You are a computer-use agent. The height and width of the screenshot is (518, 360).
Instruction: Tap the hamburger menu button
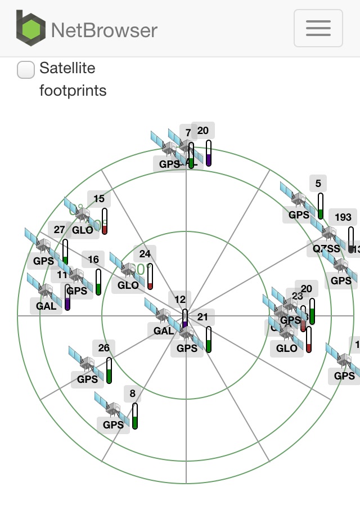click(318, 28)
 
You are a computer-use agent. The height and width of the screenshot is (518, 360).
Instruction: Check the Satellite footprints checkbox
click(26, 70)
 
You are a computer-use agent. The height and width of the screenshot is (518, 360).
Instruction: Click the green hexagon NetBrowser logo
click(31, 28)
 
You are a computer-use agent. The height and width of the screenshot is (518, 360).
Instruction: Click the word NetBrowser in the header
click(104, 29)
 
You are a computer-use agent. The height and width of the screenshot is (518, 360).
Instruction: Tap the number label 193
click(343, 217)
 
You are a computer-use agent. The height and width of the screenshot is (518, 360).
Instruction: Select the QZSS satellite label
click(327, 248)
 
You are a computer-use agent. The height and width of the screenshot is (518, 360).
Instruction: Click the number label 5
click(318, 184)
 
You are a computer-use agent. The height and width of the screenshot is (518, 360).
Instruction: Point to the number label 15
click(99, 199)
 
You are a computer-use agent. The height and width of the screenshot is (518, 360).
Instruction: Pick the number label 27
click(60, 230)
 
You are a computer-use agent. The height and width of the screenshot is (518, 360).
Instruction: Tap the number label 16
click(93, 260)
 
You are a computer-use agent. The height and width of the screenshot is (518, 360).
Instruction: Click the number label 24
click(145, 254)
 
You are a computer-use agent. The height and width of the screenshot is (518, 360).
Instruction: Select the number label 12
click(180, 299)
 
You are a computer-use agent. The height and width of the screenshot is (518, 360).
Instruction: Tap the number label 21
click(202, 317)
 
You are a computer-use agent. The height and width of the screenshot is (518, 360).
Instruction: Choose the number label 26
click(104, 348)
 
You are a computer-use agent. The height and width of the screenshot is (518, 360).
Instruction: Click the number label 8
click(133, 394)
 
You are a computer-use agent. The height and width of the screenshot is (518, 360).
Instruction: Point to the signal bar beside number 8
click(135, 416)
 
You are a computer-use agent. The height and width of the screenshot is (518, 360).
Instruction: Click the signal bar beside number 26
click(109, 370)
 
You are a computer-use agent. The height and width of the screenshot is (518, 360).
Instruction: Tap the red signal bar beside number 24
click(150, 276)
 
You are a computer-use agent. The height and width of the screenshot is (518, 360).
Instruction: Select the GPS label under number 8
click(113, 425)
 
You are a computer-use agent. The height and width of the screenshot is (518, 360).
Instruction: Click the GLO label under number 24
click(128, 285)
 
